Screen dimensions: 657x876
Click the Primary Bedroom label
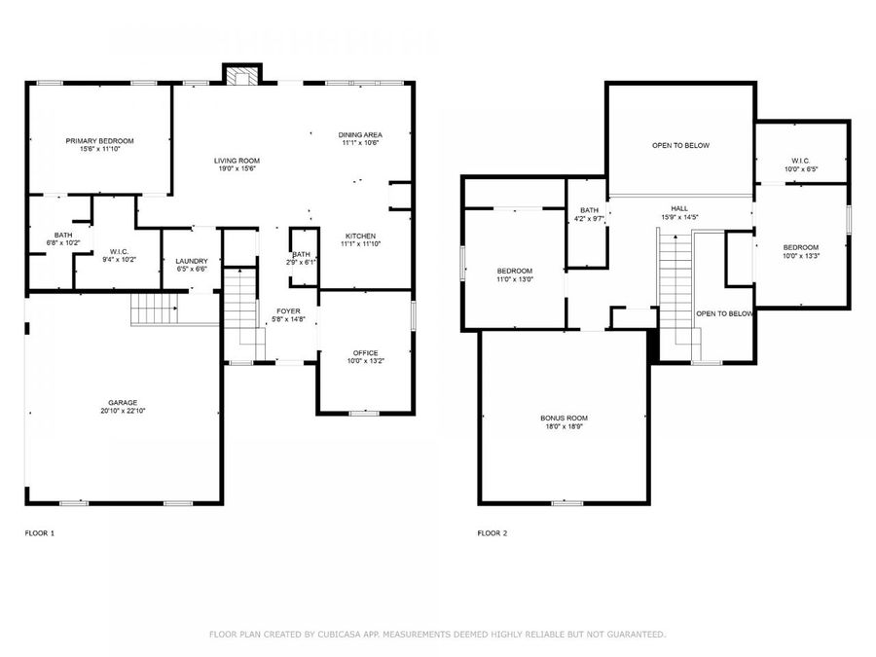tap(99, 141)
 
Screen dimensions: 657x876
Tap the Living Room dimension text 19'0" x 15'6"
tap(237, 169)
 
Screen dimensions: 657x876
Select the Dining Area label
tap(360, 134)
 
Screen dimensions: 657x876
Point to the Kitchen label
tap(360, 237)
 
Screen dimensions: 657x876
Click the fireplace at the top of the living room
tap(240, 74)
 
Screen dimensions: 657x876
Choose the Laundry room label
tap(191, 261)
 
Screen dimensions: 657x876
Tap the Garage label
tap(123, 402)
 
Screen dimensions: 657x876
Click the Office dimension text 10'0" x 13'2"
tap(366, 361)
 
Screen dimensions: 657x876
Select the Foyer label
tap(289, 310)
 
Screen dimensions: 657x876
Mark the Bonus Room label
tap(564, 418)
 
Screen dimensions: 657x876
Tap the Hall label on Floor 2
tap(680, 207)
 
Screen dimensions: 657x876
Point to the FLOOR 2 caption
tap(492, 533)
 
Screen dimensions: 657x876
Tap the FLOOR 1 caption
tap(40, 533)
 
